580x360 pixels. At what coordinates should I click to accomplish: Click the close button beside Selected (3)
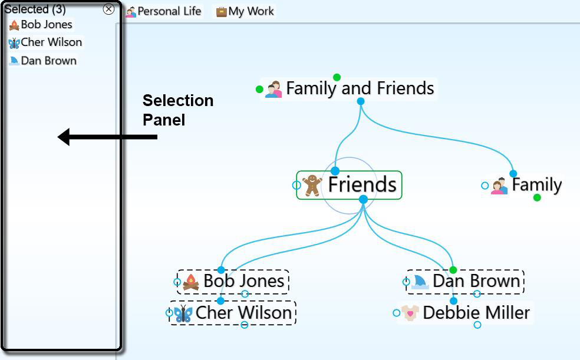[x=108, y=9]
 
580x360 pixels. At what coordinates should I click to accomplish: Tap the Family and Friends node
[x=360, y=89]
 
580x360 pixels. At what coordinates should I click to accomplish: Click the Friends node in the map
[x=361, y=185]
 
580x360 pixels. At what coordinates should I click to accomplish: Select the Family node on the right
[x=536, y=185]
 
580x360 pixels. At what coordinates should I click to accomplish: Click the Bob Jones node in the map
[x=243, y=281]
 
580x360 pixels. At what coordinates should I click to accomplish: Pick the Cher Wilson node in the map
[x=243, y=313]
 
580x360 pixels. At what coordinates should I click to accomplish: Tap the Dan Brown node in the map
[x=476, y=281]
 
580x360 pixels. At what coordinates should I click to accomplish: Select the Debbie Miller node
[x=476, y=313]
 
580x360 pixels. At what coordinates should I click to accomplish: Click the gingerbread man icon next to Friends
[x=312, y=185]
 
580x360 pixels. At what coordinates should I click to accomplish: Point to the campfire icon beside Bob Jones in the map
[x=191, y=282]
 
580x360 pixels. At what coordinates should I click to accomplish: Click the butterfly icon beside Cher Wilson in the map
[x=183, y=313]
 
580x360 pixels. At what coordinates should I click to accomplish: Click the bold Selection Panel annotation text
[x=177, y=110]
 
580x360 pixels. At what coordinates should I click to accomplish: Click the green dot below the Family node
[x=537, y=198]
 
